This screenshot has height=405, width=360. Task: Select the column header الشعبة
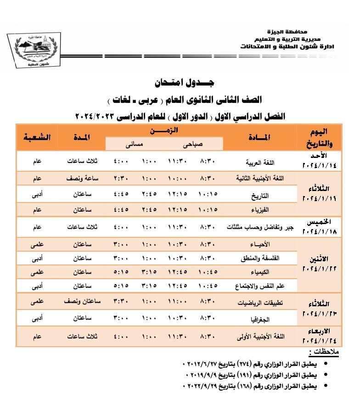(x=37, y=137)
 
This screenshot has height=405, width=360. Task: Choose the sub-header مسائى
(x=135, y=144)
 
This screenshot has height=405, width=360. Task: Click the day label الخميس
(x=320, y=222)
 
